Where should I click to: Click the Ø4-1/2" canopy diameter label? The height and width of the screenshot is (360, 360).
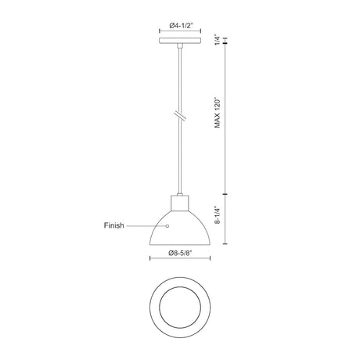181,26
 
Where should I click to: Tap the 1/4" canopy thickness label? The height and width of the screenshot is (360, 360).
217,40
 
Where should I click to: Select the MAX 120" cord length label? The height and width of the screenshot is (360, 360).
218,113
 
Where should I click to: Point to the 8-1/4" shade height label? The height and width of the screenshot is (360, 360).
218,215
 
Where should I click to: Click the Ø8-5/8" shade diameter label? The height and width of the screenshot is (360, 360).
180,253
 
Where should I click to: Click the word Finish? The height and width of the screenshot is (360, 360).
114,225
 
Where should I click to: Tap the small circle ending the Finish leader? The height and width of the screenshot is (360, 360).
167,226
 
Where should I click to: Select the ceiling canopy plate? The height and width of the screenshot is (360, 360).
180,41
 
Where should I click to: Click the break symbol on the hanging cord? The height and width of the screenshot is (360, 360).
180,115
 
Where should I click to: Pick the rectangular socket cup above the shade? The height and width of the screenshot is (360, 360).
180,203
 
